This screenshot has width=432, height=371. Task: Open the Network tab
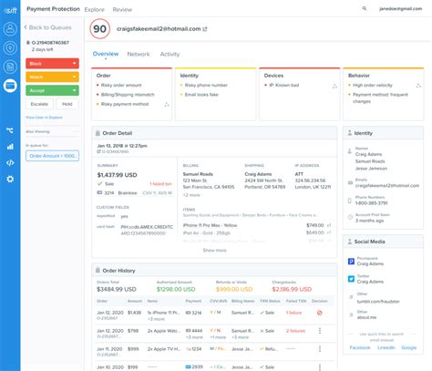[139, 55]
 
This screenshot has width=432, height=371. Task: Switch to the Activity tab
[170, 55]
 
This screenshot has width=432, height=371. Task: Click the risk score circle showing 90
[100, 30]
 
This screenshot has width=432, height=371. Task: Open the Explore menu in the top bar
[95, 9]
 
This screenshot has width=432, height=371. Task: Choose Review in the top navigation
[121, 9]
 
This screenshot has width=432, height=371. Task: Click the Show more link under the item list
[214, 250]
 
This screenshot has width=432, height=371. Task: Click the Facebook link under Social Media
[360, 347]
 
